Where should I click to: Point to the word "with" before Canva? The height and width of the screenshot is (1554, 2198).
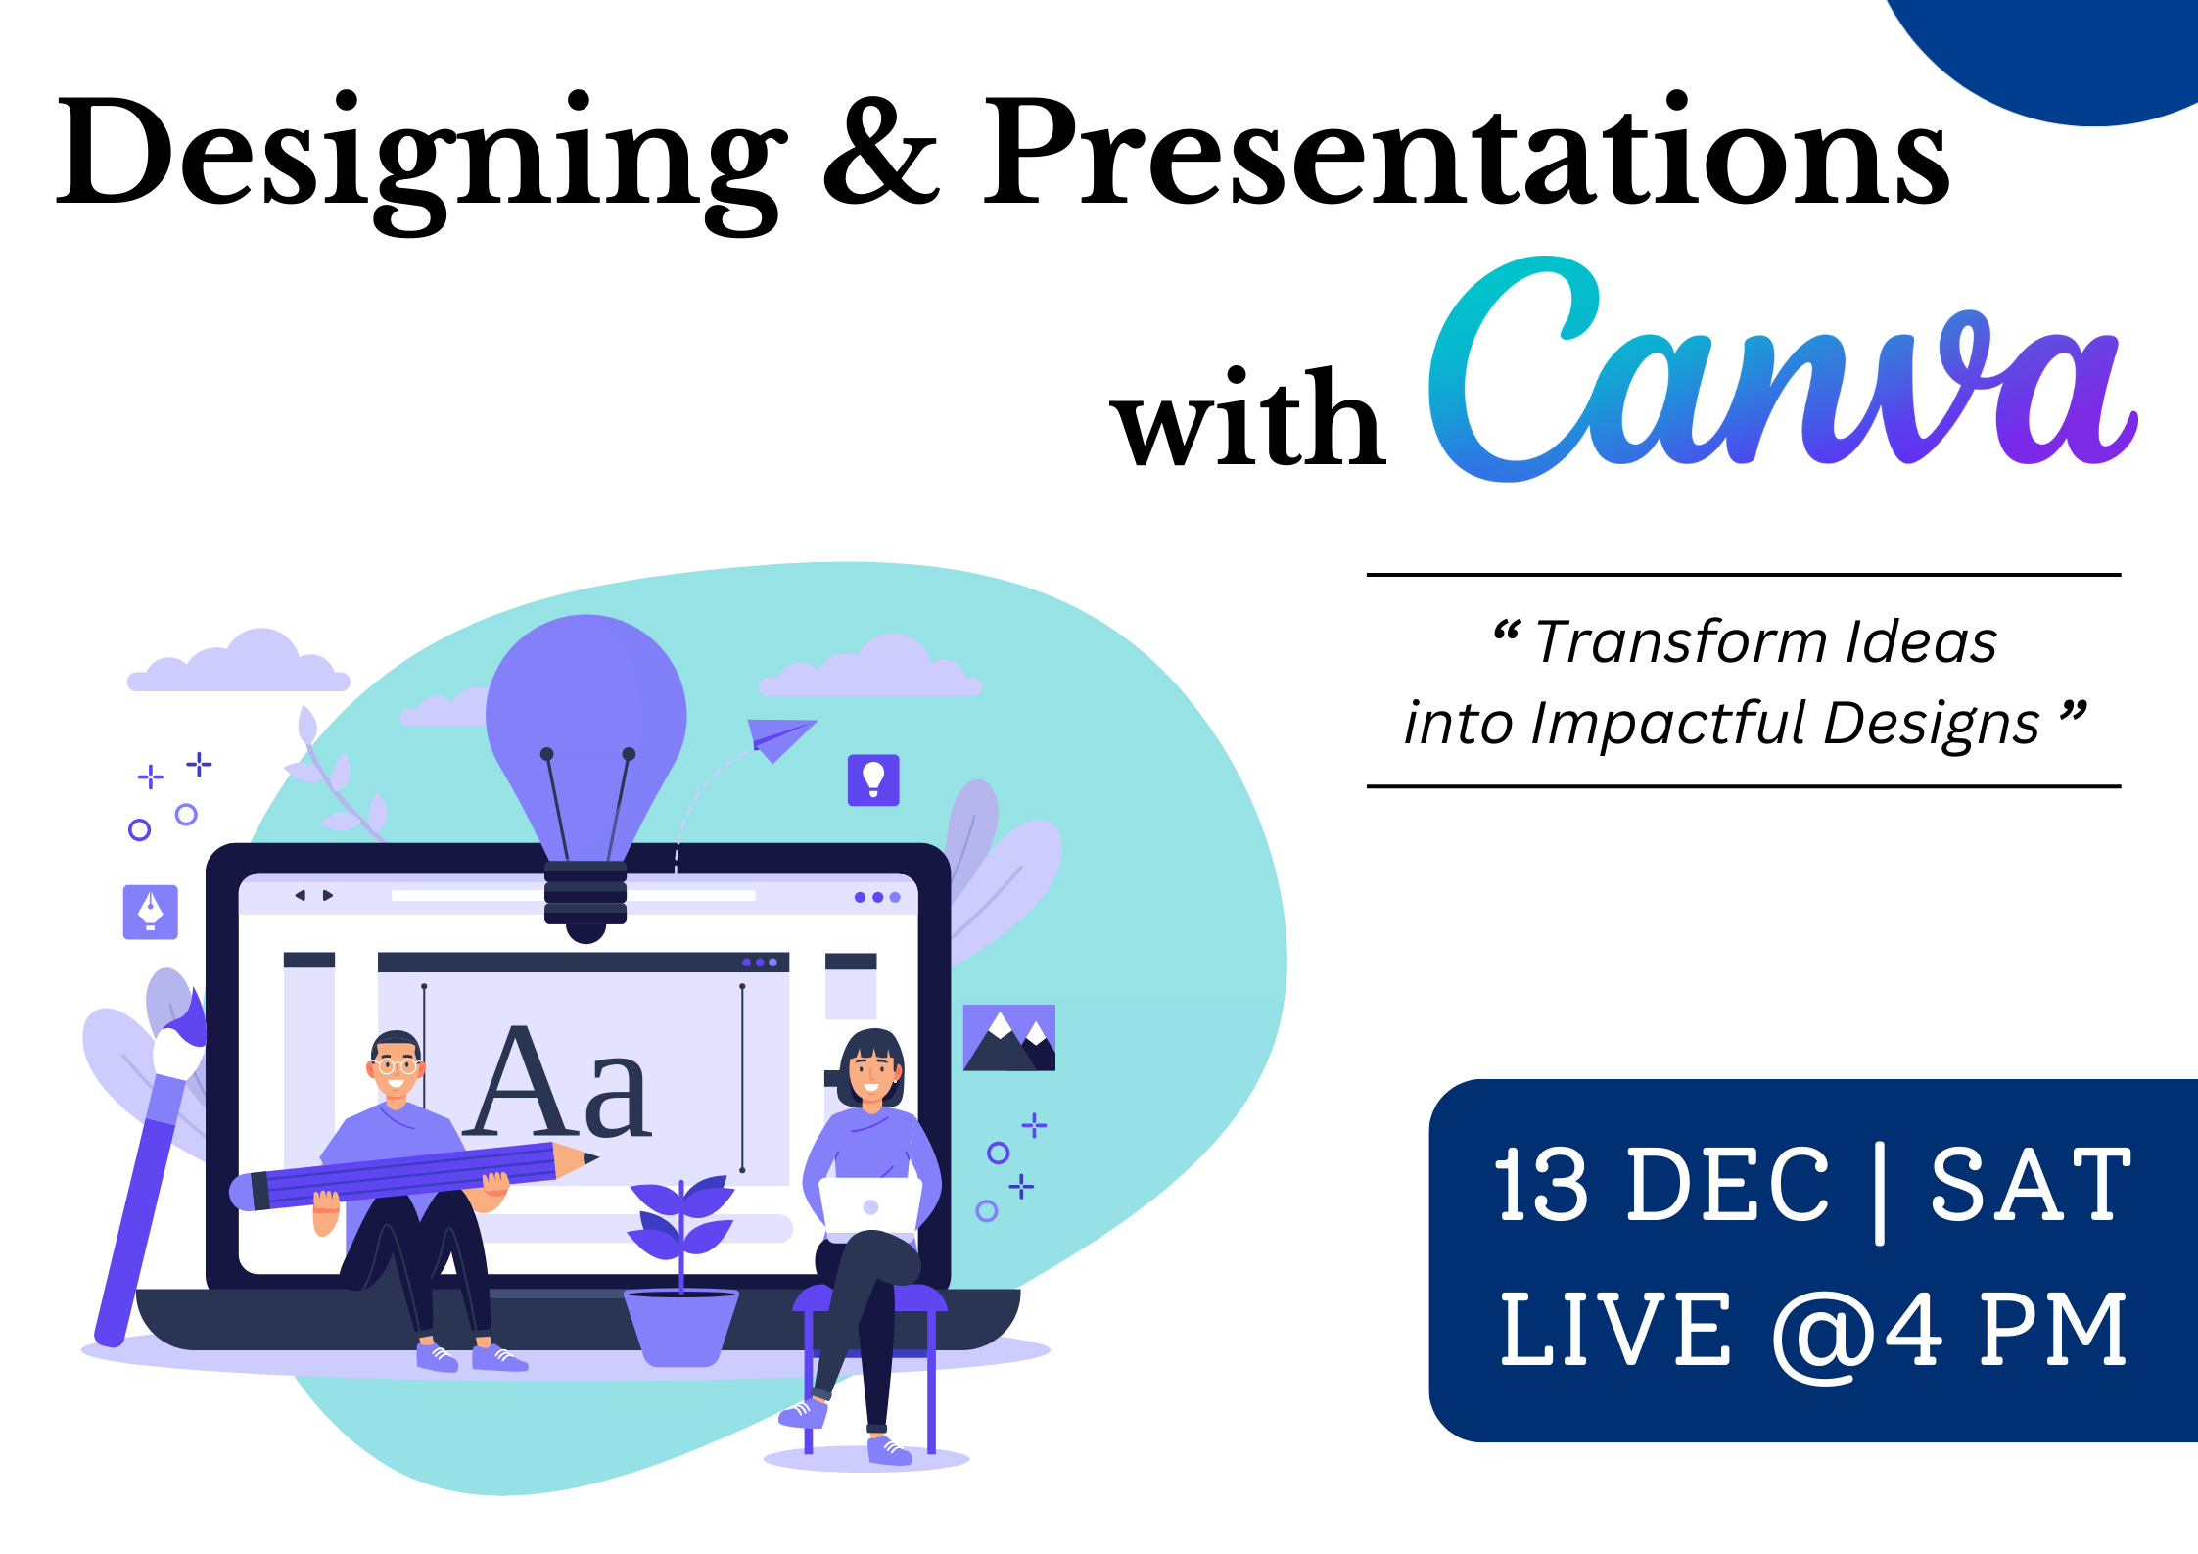coord(1248,416)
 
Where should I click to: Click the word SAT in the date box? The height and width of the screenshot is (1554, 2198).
coord(2031,1185)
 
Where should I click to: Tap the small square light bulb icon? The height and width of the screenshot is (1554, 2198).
coord(873,780)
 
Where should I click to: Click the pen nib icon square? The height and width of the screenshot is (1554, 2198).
coord(151,913)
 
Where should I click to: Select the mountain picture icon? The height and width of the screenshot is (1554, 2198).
coord(1009,1038)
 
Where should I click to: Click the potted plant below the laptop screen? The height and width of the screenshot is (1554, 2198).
coord(681,1273)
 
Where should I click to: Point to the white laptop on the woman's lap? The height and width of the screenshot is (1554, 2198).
coord(869,1204)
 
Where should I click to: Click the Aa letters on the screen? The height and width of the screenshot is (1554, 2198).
coord(558,1082)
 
